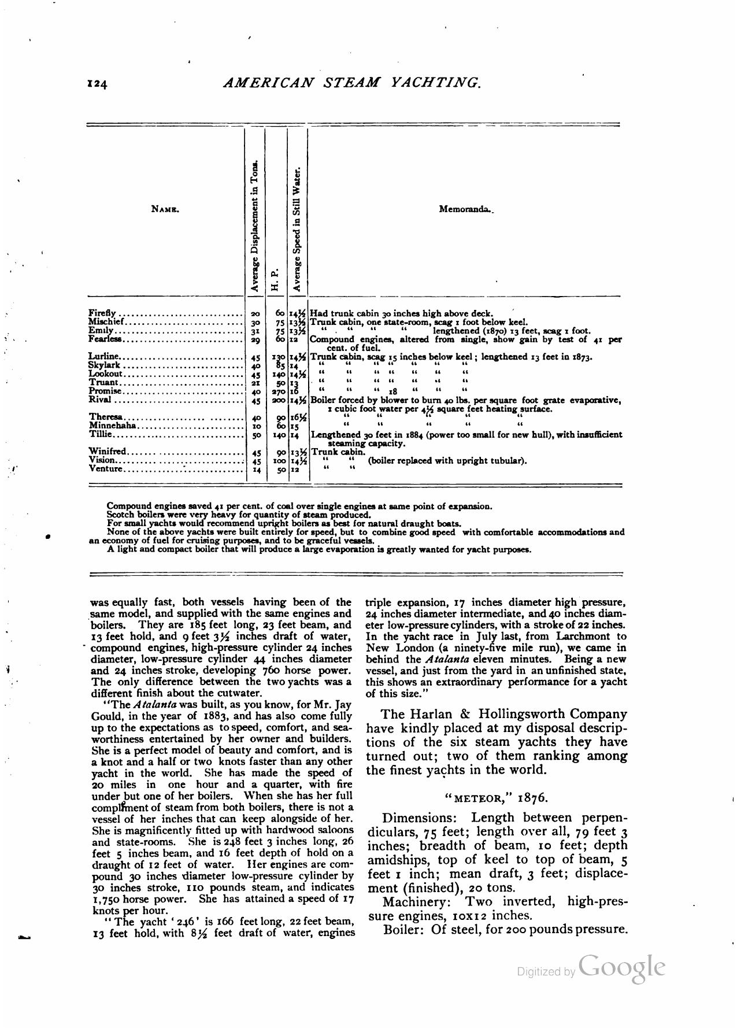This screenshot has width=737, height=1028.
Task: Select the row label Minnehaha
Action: click(x=112, y=426)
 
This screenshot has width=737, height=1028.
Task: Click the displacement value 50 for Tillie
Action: click(x=257, y=435)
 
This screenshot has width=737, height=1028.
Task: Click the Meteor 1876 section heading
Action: click(x=496, y=798)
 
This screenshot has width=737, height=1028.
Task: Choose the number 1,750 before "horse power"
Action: click(x=106, y=899)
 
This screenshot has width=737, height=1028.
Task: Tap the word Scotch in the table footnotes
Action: click(x=120, y=515)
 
